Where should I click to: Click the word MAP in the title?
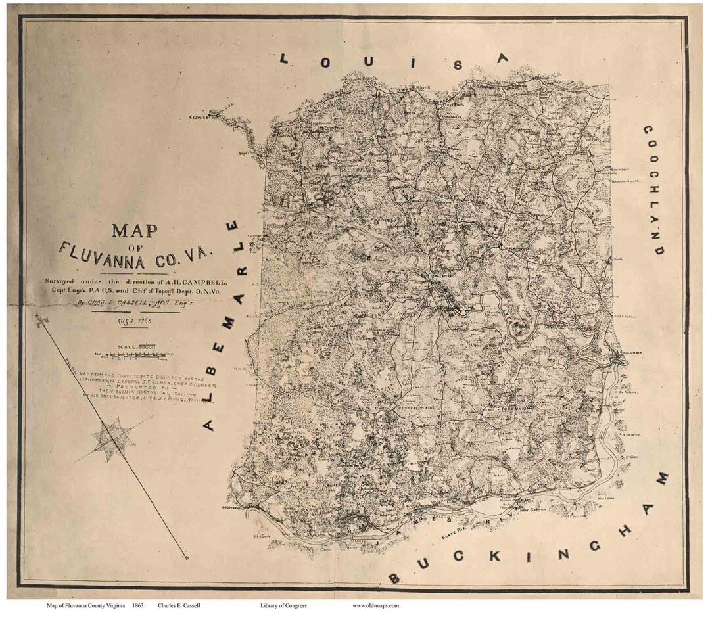(134, 231)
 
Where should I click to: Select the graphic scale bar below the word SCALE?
(134, 356)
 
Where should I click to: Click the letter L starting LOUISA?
(284, 59)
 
